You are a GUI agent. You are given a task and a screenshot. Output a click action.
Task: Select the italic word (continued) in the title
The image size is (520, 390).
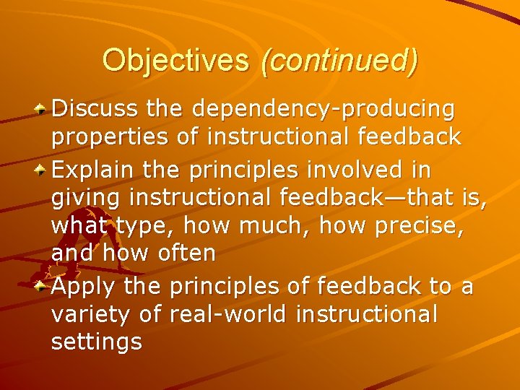coord(339,61)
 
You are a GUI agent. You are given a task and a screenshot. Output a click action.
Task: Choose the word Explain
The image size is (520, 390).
coord(94,171)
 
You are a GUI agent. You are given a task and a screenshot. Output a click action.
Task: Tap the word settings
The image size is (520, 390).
coord(97,342)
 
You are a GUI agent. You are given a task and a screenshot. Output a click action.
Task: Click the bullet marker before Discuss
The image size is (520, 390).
coord(43,110)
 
